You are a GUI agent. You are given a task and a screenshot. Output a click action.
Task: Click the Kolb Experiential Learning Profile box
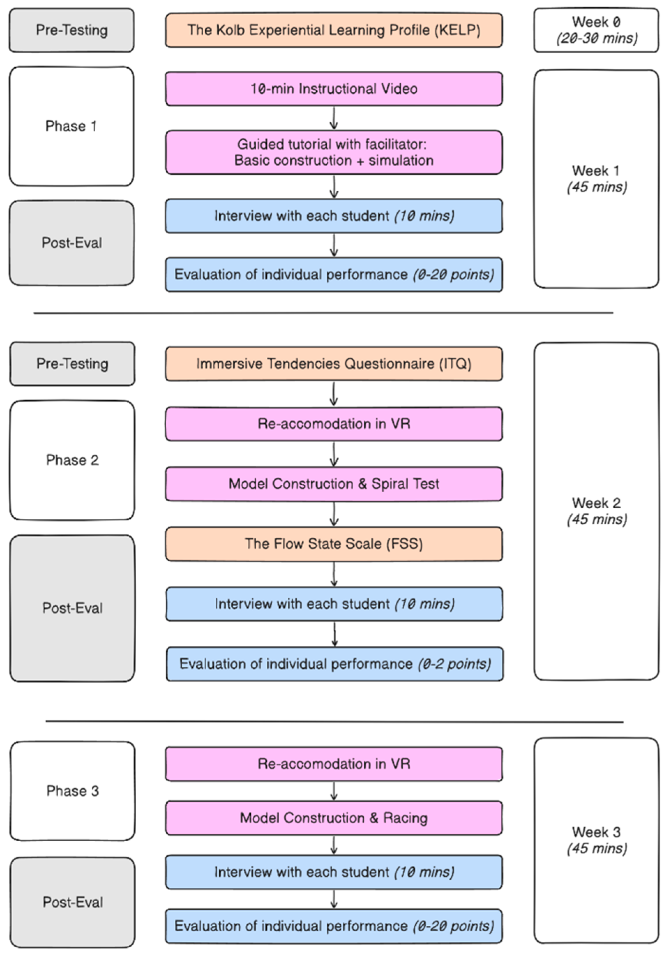pyautogui.click(x=333, y=30)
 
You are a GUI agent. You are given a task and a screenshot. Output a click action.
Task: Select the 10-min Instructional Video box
pyautogui.click(x=333, y=89)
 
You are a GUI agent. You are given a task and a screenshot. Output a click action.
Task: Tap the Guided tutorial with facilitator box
pyautogui.click(x=333, y=152)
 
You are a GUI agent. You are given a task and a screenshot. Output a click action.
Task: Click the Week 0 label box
pyautogui.click(x=596, y=30)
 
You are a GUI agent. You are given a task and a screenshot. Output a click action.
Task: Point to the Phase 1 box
pyautogui.click(x=71, y=126)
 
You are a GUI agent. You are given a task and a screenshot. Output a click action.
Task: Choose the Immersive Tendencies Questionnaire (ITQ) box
pyautogui.click(x=333, y=364)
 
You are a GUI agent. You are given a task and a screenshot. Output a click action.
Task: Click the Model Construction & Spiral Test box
pyautogui.click(x=333, y=484)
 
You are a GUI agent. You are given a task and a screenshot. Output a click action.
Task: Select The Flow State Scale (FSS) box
pyautogui.click(x=333, y=544)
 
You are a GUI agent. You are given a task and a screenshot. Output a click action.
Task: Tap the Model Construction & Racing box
pyautogui.click(x=333, y=818)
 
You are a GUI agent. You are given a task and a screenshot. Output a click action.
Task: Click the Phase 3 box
pyautogui.click(x=73, y=791)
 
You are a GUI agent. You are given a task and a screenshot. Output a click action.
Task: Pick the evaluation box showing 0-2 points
pyautogui.click(x=334, y=664)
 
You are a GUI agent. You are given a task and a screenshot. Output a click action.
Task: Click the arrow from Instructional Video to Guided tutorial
pyautogui.click(x=333, y=118)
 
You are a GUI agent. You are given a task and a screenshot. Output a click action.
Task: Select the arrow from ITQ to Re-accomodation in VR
pyautogui.click(x=333, y=394)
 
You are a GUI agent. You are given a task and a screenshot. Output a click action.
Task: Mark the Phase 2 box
pyautogui.click(x=73, y=460)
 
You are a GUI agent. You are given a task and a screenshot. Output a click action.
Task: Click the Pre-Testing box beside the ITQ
pyautogui.click(x=73, y=364)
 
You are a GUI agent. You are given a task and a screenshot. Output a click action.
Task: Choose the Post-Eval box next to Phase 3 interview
pyautogui.click(x=73, y=902)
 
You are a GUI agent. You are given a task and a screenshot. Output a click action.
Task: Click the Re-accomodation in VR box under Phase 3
pyautogui.click(x=333, y=764)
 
